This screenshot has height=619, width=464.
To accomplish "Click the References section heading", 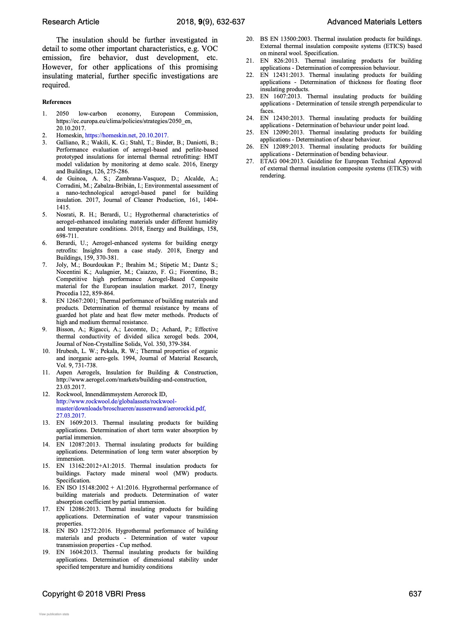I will click(57, 102).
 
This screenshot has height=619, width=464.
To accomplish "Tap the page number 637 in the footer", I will click(415, 594).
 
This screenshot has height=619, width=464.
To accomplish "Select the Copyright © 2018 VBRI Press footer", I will click(94, 594).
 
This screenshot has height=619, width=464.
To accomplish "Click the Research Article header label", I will click(71, 22).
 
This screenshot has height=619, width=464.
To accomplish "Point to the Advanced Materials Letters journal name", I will click(374, 22).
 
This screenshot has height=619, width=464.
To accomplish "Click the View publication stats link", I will click(54, 614).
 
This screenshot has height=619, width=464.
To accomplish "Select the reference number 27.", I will click(250, 161).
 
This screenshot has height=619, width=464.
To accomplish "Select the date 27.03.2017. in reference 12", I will click(71, 416).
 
